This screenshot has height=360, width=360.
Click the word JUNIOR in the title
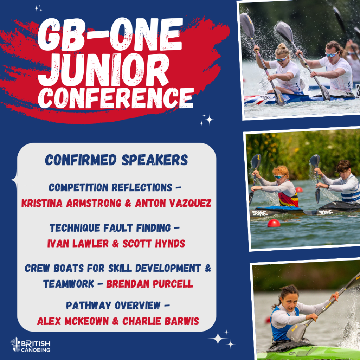pyautogui.click(x=103, y=70)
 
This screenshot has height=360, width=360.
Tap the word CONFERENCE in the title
pyautogui.click(x=115, y=98)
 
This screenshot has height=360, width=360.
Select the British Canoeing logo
pyautogui.click(x=30, y=345)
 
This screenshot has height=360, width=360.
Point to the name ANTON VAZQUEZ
pyautogui.click(x=173, y=203)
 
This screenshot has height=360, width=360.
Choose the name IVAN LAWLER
pyautogui.click(x=78, y=244)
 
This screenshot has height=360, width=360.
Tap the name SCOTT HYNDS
pyautogui.click(x=154, y=244)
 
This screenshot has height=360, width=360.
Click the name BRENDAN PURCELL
pyautogui.click(x=149, y=284)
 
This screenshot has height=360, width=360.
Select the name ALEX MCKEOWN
pyautogui.click(x=73, y=321)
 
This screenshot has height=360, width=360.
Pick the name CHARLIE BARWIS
pyautogui.click(x=160, y=321)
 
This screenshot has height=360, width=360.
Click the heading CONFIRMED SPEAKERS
pyautogui.click(x=116, y=160)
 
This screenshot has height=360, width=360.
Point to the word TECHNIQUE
pyautogui.click(x=75, y=228)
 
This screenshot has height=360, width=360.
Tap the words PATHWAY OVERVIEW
pyautogui.click(x=113, y=306)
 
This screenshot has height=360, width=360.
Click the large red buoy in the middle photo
pyautogui.click(x=274, y=223)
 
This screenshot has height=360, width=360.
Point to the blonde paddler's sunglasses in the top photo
pyautogui.click(x=282, y=59)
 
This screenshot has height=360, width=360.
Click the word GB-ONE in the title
pyautogui.click(x=110, y=34)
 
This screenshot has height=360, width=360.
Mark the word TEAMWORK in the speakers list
pyautogui.click(x=69, y=284)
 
